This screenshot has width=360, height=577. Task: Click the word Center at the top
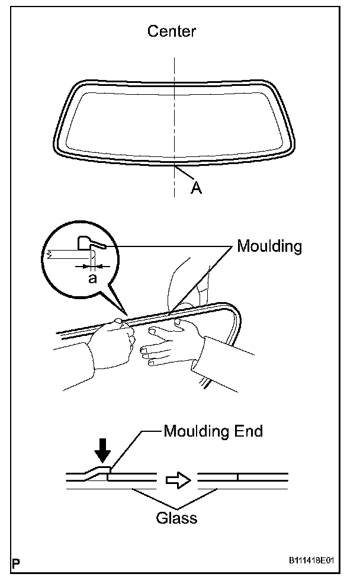tap(172, 30)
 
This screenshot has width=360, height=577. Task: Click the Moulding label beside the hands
tap(269, 246)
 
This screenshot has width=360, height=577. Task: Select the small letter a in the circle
tap(92, 278)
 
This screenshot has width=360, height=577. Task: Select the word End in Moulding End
tap(248, 431)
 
